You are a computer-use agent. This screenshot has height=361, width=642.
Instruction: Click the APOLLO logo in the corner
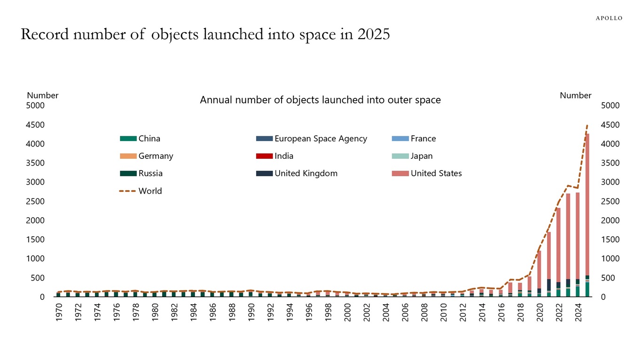point(609,18)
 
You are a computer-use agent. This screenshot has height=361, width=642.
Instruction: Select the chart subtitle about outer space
point(320,100)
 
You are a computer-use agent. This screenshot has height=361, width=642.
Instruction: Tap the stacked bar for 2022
point(558,244)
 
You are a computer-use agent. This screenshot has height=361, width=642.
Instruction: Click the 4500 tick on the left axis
point(36,125)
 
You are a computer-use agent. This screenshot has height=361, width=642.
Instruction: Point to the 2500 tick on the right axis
point(611,202)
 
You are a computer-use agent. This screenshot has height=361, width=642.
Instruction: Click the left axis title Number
point(42,95)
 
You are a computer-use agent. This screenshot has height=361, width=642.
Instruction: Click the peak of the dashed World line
point(587,126)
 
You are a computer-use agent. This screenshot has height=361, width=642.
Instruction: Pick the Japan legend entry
point(421,156)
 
